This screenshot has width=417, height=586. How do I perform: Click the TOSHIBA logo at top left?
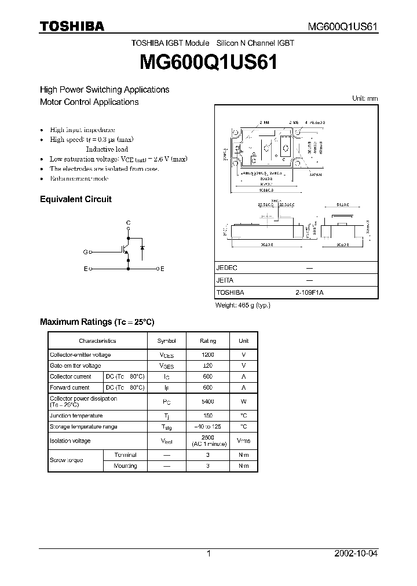(x=72, y=26)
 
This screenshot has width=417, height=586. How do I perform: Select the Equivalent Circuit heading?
(x=75, y=199)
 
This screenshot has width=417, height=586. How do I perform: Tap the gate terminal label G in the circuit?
(x=85, y=252)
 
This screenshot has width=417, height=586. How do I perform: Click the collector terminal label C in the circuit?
(x=128, y=223)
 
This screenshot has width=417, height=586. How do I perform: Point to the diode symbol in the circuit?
(x=142, y=247)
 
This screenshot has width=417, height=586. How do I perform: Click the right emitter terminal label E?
(x=162, y=269)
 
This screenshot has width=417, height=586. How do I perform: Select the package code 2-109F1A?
(x=309, y=293)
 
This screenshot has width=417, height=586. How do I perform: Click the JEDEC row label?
(x=227, y=268)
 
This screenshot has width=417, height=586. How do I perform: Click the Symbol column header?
(x=167, y=341)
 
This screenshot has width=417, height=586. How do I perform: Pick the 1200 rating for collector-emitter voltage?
(x=208, y=354)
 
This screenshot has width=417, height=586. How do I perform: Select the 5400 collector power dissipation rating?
(x=208, y=401)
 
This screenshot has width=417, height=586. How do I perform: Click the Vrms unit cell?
(x=243, y=441)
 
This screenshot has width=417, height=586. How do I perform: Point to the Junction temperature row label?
(x=76, y=416)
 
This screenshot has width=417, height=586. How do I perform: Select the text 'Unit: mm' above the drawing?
(x=365, y=98)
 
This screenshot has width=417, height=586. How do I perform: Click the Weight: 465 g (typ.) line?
(x=243, y=305)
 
